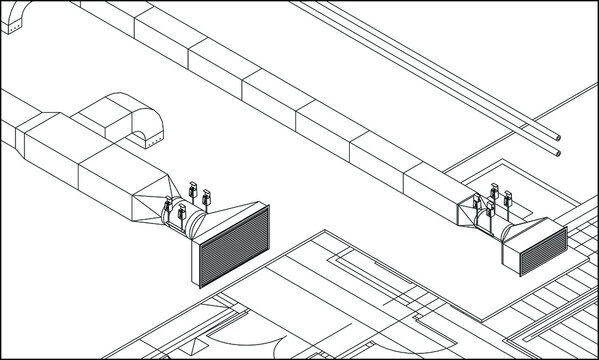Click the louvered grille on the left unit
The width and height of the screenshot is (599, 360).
click(234, 247)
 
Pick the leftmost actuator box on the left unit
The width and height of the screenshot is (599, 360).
click(168, 209)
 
